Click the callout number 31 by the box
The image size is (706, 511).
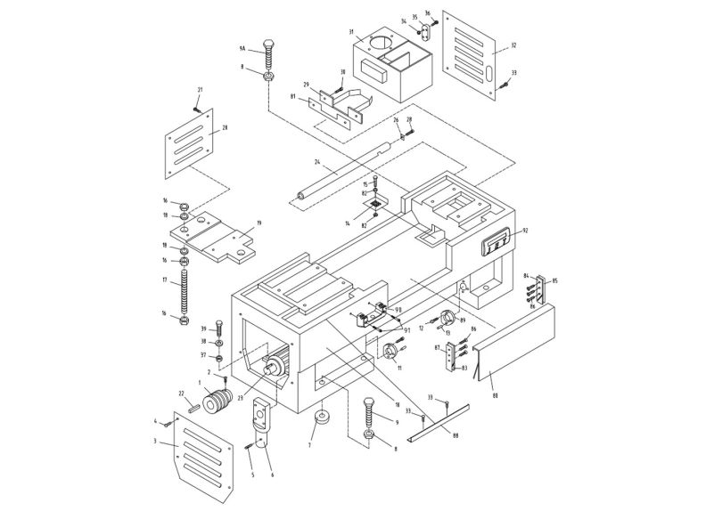click(351, 33)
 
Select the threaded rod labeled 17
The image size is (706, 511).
click(185, 290)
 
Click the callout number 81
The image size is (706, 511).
click(292, 96)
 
